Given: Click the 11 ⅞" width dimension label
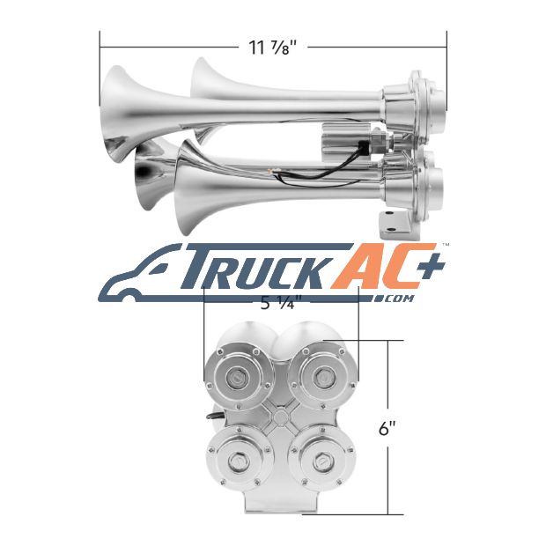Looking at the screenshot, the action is (273, 48).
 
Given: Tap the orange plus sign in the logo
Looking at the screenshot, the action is (432, 266).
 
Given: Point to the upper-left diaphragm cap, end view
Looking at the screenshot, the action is (238, 378).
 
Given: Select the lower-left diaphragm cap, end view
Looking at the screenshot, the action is (240, 461).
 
